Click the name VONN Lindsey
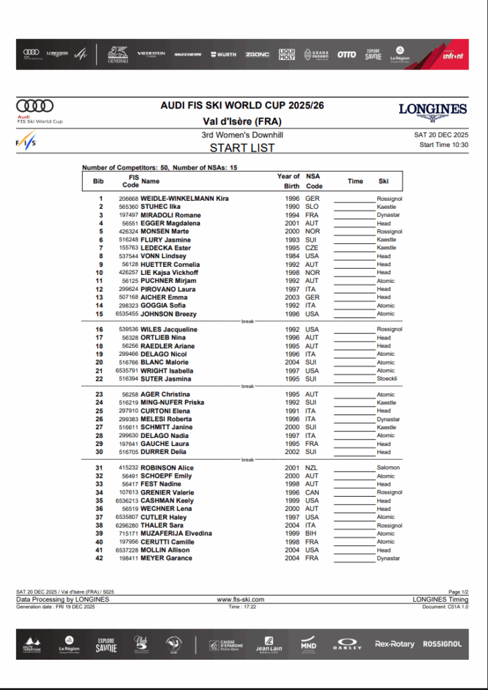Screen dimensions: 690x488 pyautogui.click(x=163, y=256)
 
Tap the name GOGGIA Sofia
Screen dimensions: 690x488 pyautogui.click(x=164, y=305)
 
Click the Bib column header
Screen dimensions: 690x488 pyautogui.click(x=98, y=181)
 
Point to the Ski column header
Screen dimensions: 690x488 pyautogui.click(x=384, y=181)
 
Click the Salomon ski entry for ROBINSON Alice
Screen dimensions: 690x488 pyautogui.click(x=388, y=468)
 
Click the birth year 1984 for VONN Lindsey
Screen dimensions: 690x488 pyautogui.click(x=293, y=256)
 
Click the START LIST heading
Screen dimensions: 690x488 pyautogui.click(x=242, y=148)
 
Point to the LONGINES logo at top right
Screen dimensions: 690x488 pyautogui.click(x=433, y=109)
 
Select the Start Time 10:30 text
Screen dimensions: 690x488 pyautogui.click(x=444, y=145)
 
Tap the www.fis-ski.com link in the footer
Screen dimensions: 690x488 pyautogui.click(x=241, y=599)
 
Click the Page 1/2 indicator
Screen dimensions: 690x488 pyautogui.click(x=458, y=592)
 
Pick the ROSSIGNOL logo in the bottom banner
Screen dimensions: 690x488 pyautogui.click(x=442, y=644)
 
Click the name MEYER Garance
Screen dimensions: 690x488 pyautogui.click(x=166, y=558)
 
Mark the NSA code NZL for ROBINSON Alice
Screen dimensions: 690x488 pyautogui.click(x=312, y=468)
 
